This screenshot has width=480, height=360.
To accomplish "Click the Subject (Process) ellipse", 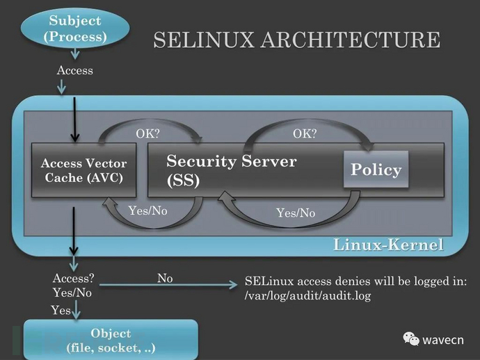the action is (75, 28).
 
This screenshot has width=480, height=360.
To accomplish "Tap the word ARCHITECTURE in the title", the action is (351, 40).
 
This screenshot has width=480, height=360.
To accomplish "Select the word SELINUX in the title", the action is (204, 40).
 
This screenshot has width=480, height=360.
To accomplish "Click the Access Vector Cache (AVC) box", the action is (84, 170).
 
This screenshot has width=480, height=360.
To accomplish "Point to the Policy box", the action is (376, 169).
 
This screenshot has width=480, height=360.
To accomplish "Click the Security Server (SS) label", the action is (232, 170).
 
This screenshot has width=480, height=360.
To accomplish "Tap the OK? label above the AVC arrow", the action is (148, 133).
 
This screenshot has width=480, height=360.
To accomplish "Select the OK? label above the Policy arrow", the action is (305, 133).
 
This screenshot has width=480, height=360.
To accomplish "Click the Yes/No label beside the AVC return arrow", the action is (148, 211).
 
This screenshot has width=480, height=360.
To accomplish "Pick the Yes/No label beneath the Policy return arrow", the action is (296, 213).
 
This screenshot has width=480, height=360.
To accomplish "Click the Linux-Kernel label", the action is (388, 245).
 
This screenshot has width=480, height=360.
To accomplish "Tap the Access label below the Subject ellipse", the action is (74, 70).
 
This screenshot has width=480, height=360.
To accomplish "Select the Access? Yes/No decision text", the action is (74, 286).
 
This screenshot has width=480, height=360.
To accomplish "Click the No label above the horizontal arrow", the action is (165, 278).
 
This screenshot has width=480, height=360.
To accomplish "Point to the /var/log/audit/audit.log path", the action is (307, 296).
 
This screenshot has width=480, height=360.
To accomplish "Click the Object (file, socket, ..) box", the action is (111, 340).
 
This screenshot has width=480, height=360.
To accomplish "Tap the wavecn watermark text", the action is (443, 340).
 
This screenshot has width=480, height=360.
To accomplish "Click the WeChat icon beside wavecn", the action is (411, 339).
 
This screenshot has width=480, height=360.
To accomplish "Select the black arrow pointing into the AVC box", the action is (74, 120).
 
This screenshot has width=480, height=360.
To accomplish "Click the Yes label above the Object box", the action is (61, 310).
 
